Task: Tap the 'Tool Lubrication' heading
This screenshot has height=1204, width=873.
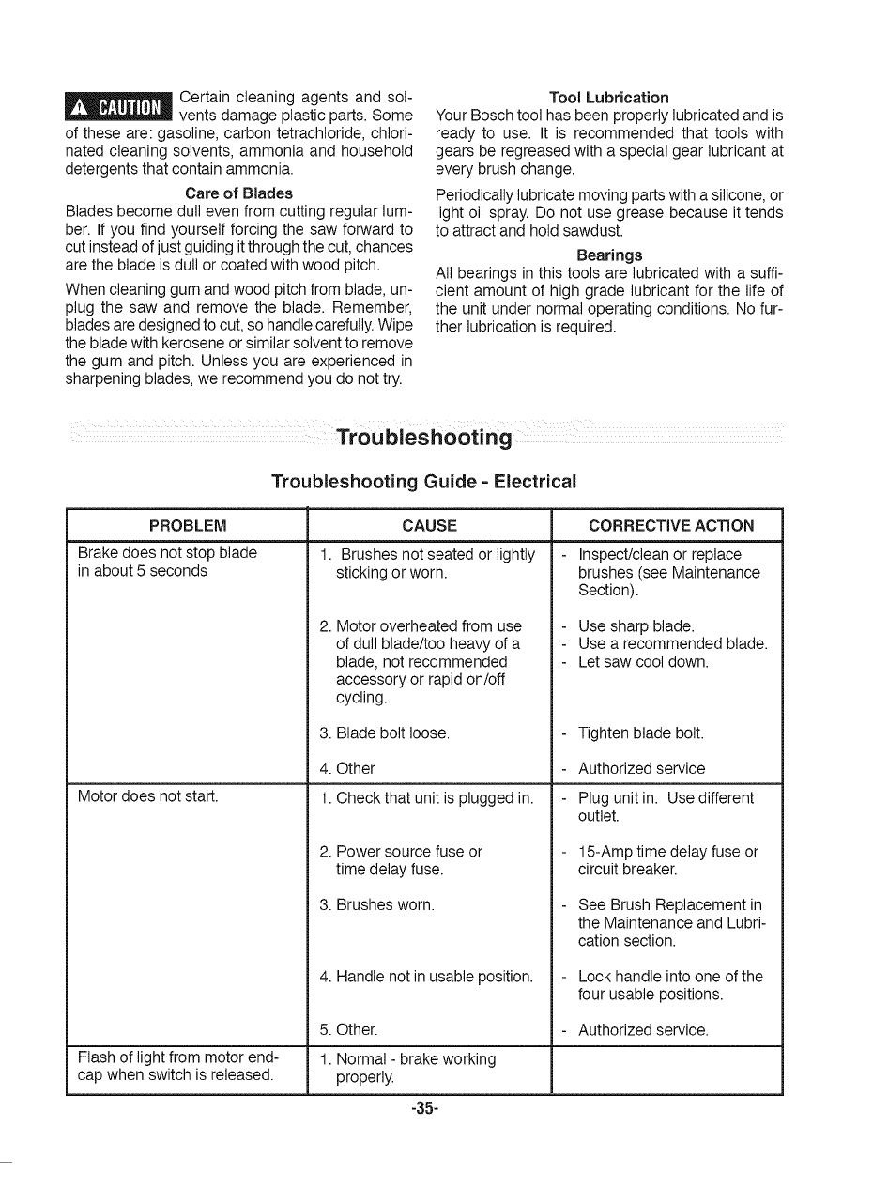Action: coord(608,98)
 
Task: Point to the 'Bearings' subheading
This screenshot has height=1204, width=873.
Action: coord(609,255)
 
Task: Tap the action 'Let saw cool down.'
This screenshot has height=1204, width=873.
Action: coord(643,661)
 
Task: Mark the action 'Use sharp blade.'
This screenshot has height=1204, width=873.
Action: coord(636,625)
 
